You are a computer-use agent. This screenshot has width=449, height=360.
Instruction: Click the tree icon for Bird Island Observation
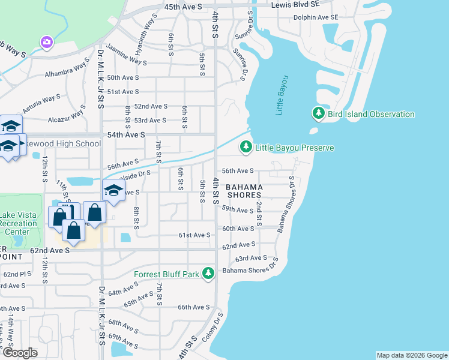pos(318,113)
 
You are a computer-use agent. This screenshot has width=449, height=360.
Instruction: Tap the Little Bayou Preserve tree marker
pos(246,147)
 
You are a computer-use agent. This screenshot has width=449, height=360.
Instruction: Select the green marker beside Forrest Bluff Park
pos(208,274)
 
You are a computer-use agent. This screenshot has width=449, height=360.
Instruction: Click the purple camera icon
pos(46,42)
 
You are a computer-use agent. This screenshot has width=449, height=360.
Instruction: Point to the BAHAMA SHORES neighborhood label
pos(244,191)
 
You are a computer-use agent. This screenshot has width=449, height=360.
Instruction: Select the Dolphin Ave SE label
pos(316,17)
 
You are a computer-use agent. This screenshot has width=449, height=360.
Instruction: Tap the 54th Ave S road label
pos(126,136)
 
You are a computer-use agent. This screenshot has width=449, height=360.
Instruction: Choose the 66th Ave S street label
pos(193,307)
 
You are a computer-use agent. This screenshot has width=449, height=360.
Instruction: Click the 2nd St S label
pos(259,214)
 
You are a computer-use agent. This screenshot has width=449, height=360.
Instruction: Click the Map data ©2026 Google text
pos(411,355)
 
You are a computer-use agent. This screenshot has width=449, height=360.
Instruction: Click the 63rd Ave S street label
pos(249,259)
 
